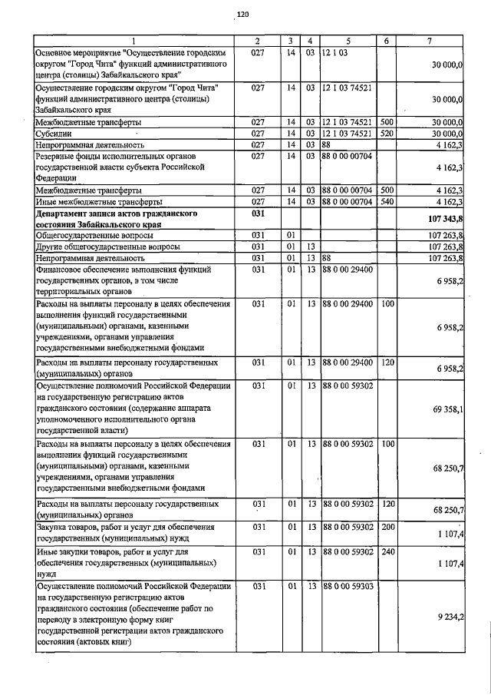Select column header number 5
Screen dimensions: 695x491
point(348,40)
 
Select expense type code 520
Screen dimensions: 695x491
point(387,133)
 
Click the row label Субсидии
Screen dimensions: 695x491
point(53,133)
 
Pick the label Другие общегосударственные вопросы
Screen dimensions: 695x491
point(108,247)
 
